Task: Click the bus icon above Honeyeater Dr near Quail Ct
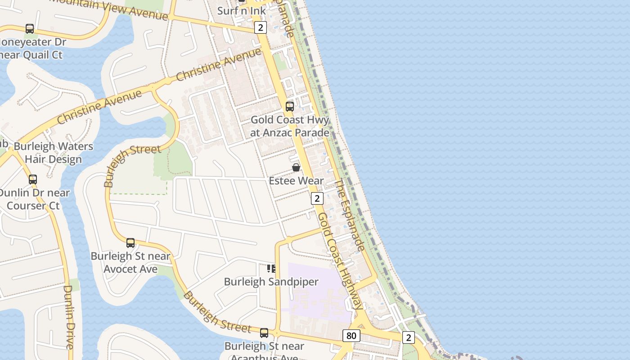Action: tap(30, 29)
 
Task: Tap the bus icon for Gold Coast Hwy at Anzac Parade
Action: tap(290, 107)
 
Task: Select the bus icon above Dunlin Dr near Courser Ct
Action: tap(33, 179)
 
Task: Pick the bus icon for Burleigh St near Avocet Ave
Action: tap(130, 243)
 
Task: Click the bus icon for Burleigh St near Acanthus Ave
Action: tap(264, 333)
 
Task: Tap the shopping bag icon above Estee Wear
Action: tap(296, 167)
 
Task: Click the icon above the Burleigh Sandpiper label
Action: tap(271, 269)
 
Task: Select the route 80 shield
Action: tap(351, 336)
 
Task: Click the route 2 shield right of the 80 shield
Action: tap(408, 337)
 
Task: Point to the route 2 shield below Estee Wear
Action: tap(317, 198)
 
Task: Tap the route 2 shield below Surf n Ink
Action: tap(261, 28)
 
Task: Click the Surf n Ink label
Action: tap(242, 10)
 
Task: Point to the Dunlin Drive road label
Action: tap(69, 317)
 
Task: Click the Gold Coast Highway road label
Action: tap(340, 261)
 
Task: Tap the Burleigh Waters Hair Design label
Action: tap(54, 153)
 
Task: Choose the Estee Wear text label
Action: tap(296, 181)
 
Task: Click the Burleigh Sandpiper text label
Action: tap(271, 282)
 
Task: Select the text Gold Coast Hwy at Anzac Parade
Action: tap(290, 126)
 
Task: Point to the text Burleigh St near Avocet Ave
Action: tap(130, 263)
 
